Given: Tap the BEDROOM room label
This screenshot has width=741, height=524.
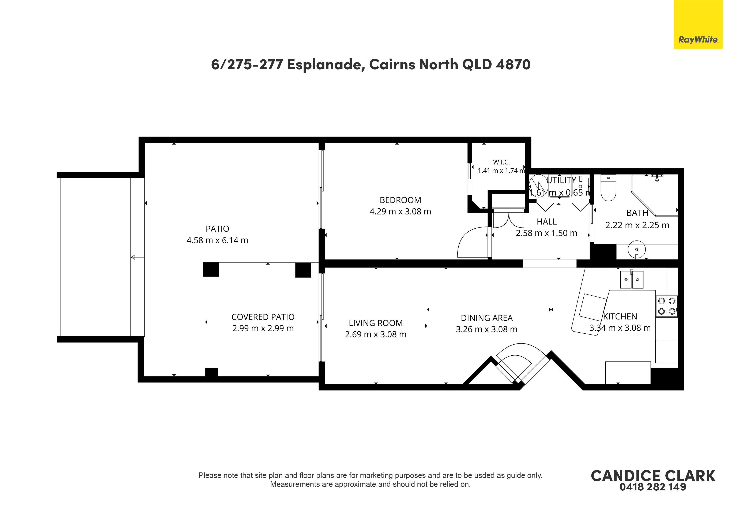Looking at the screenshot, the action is coord(400,200).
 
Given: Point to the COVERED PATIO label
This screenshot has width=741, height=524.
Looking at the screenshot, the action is coord(263,317).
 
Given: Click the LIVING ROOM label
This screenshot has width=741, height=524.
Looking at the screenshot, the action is coord(376,323).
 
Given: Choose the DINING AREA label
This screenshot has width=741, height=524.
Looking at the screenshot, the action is coord(487,318).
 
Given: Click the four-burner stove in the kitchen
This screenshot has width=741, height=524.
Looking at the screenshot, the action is coord(667,306).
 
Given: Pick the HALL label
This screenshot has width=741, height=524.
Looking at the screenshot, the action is coord(546,222).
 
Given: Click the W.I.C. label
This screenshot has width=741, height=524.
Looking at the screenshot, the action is coord(501,162).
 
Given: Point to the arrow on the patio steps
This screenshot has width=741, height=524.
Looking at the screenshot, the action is coord(138,257).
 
